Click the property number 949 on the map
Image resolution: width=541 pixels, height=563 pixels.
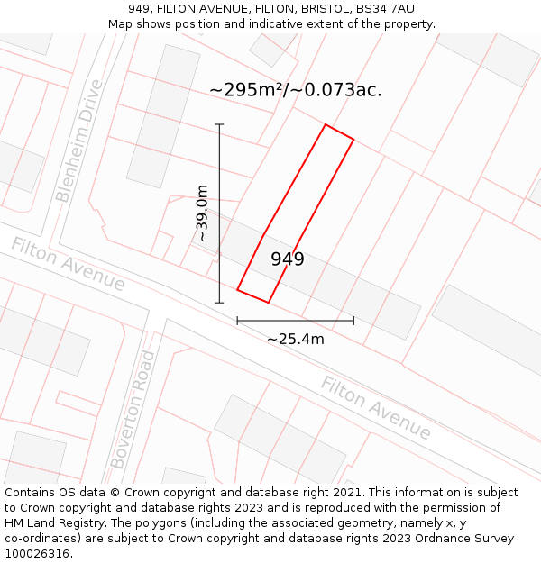[x=288, y=259]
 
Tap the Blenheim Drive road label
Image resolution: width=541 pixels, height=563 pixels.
[x=79, y=141]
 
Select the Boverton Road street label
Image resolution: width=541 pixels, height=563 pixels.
[x=133, y=410]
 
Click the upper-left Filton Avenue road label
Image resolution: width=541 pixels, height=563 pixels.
[x=68, y=264]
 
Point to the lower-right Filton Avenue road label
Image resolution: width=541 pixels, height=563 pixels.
[x=376, y=408]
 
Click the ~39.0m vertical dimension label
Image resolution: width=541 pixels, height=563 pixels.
[x=202, y=213]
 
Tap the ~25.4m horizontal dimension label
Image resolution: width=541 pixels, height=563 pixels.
[x=295, y=339]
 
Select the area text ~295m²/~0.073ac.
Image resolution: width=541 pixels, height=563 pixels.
[x=295, y=90]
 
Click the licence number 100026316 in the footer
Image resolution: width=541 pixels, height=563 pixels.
[x=37, y=554]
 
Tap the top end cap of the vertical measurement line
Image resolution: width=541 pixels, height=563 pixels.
[x=219, y=124]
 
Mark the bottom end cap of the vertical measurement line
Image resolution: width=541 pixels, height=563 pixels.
[x=219, y=303]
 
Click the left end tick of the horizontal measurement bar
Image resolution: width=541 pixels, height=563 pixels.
[x=237, y=320]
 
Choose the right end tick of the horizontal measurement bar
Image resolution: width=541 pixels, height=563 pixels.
[x=353, y=320]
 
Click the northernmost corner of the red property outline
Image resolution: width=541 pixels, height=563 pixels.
[x=326, y=125]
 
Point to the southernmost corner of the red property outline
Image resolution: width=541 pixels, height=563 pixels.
[x=269, y=303]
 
